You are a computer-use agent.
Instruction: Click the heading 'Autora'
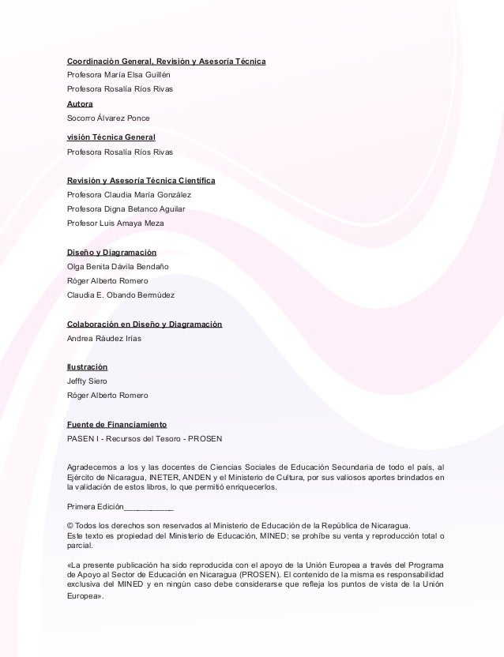81,103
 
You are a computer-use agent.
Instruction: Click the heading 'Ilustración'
87,367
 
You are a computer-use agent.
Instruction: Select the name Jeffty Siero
87,381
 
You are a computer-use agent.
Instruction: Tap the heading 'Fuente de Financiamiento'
117,424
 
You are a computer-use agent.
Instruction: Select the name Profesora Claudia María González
130,194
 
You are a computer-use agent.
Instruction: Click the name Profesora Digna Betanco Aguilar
126,208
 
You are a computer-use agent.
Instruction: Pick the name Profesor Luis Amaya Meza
116,223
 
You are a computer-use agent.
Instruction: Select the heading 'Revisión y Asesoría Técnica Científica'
141,180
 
